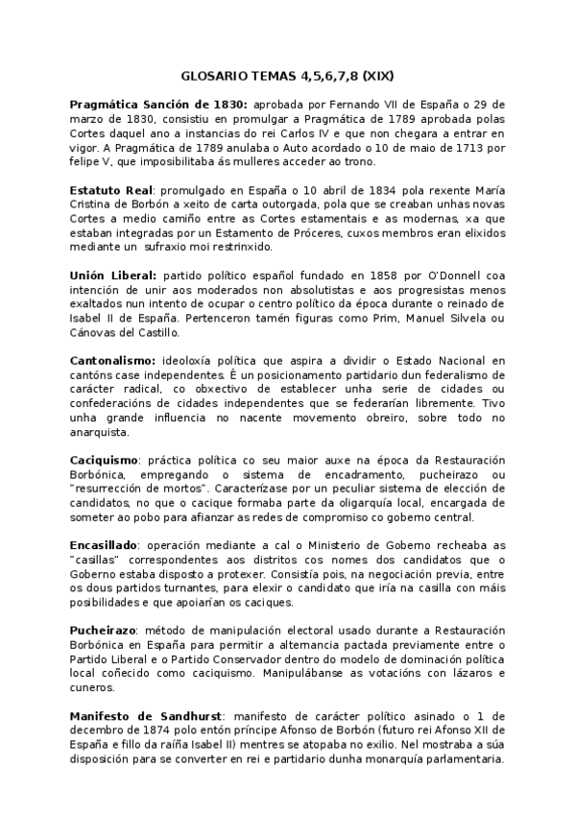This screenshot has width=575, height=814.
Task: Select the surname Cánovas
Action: (94, 332)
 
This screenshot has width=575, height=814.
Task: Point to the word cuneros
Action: (95, 687)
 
